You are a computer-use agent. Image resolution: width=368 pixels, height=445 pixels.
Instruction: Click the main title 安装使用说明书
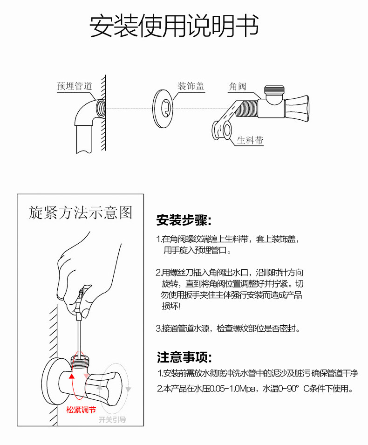click(x=174, y=27)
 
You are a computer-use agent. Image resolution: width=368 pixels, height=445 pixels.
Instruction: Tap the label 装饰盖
click(x=191, y=86)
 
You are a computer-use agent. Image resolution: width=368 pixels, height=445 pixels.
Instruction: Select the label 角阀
click(x=237, y=86)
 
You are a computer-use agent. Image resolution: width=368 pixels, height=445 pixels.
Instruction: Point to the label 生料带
click(x=250, y=140)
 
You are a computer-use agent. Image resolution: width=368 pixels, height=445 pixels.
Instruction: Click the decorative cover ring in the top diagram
click(x=164, y=109)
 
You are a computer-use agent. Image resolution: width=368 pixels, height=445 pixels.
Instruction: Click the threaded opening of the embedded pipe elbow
click(x=100, y=108)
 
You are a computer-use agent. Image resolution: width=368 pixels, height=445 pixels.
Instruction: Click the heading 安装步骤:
click(x=184, y=219)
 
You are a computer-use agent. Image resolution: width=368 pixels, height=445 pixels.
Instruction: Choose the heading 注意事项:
click(x=184, y=357)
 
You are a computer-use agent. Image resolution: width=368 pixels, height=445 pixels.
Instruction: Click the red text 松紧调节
click(x=81, y=410)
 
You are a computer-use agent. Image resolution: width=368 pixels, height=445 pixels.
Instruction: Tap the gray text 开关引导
click(x=112, y=420)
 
